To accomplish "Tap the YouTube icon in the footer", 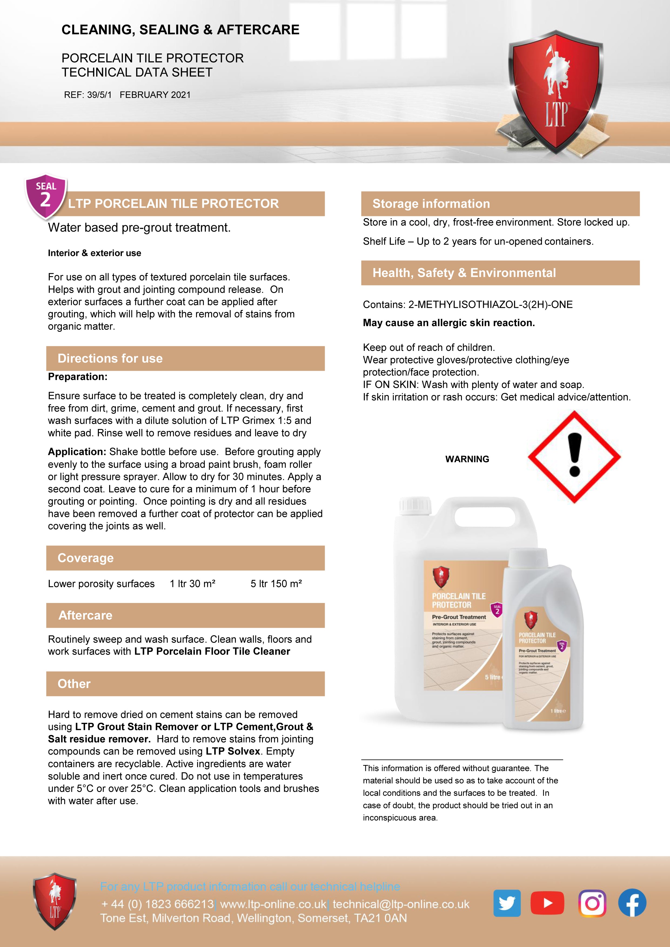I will coord(547,903).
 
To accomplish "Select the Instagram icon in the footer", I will coord(592,903).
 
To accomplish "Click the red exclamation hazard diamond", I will coord(574,457).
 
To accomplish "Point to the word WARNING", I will coord(467,459).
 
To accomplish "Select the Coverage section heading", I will coord(85,558).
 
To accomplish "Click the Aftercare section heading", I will coord(85,615).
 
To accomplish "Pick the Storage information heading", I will coord(431,204).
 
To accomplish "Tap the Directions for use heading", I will coord(110,358).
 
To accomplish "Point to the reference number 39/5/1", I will coord(99,95).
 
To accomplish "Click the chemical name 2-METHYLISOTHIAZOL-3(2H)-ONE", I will coord(490,305).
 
